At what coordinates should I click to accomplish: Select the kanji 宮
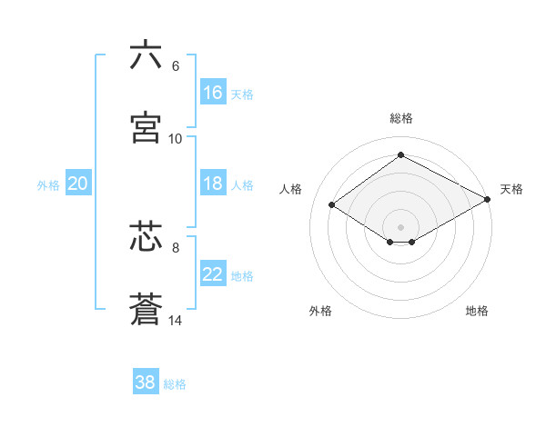[146, 127]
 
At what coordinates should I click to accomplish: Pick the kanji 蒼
[146, 309]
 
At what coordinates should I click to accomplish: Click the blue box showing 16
[213, 93]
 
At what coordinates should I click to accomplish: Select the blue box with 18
[213, 184]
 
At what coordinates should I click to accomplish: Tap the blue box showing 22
[213, 275]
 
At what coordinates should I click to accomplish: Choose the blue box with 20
[77, 184]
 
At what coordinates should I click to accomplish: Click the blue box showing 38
[146, 382]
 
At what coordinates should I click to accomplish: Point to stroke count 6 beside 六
[176, 66]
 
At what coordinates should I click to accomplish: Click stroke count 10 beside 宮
[176, 139]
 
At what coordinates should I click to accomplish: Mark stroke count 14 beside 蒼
[176, 321]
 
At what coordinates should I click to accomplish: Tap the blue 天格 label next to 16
[242, 94]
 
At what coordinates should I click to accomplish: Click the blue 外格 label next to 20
[48, 185]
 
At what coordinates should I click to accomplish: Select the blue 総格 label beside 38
[175, 384]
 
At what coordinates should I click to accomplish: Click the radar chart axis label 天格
[511, 189]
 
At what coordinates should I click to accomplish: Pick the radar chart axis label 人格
[291, 189]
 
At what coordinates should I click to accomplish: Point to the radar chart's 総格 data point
[400, 155]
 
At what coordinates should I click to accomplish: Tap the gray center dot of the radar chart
[400, 226]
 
